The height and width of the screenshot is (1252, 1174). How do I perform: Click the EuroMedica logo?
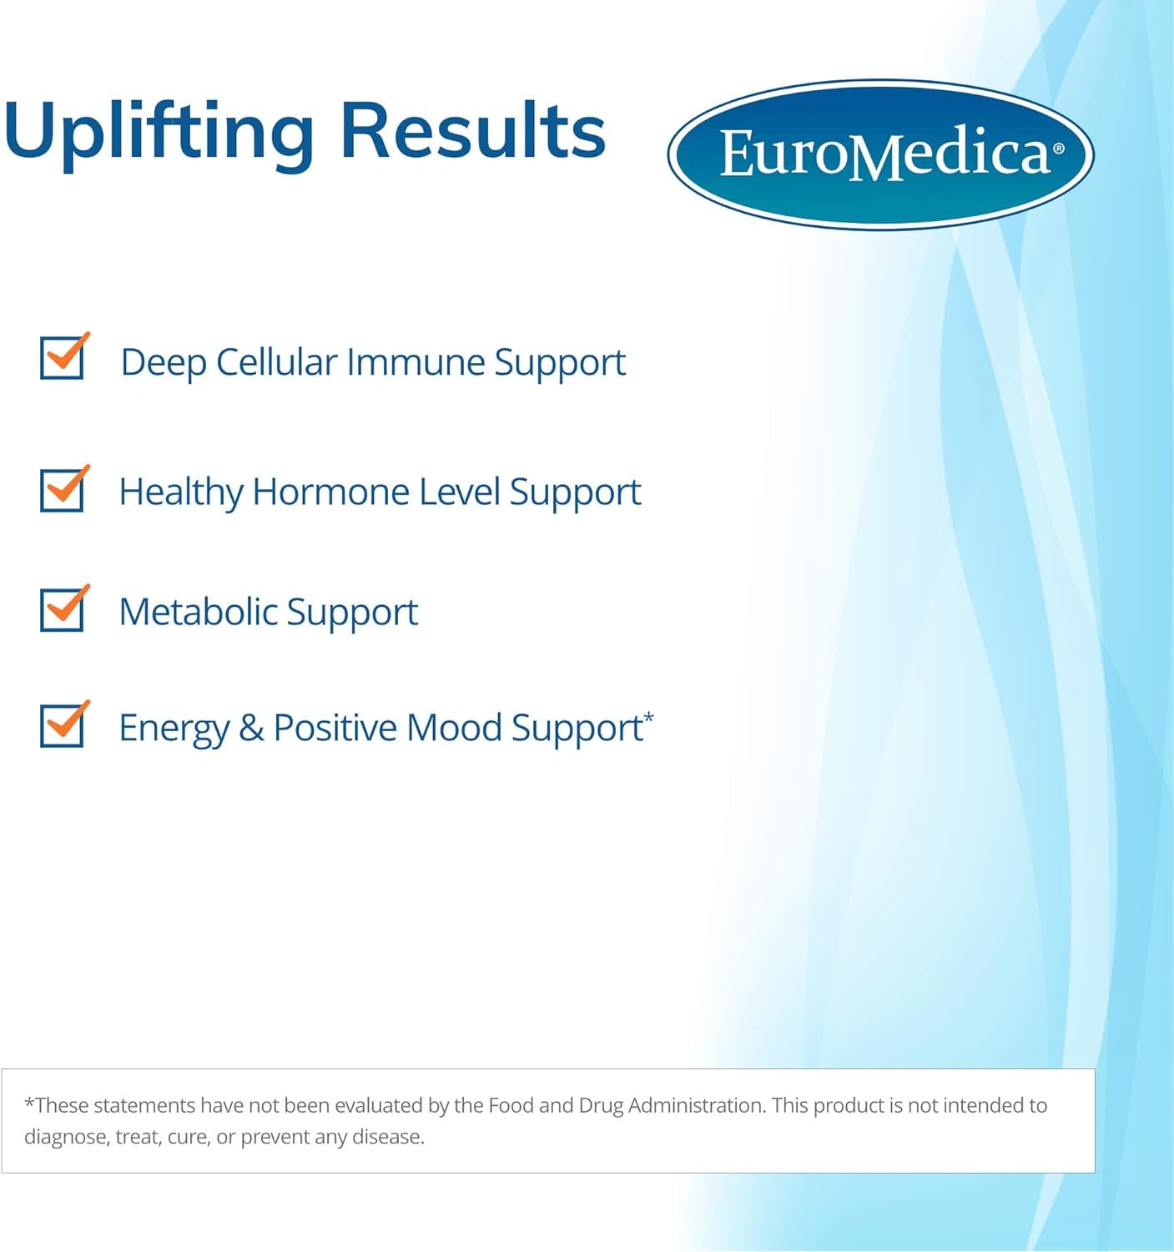coord(880,154)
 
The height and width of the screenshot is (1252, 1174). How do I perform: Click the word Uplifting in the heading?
coord(159,132)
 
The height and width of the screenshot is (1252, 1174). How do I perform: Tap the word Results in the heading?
coord(472,132)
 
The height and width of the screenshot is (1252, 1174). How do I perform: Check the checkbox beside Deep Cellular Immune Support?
coord(62,358)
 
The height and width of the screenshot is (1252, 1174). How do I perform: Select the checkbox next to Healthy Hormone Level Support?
coord(62,490)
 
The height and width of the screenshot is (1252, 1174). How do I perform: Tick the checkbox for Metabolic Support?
coord(62,609)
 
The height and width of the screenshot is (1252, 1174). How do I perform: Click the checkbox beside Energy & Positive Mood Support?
coord(62,725)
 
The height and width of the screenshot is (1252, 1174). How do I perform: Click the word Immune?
coord(415,362)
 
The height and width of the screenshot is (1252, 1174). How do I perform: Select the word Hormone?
coord(330,492)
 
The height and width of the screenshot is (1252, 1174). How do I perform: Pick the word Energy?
coord(174,729)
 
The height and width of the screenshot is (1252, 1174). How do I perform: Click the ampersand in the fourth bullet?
coord(251,728)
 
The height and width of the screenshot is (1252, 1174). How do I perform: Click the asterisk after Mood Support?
coord(648,716)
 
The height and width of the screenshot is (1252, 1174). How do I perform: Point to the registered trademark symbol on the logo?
coord(1059,149)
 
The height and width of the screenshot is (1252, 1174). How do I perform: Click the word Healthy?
coord(180,492)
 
